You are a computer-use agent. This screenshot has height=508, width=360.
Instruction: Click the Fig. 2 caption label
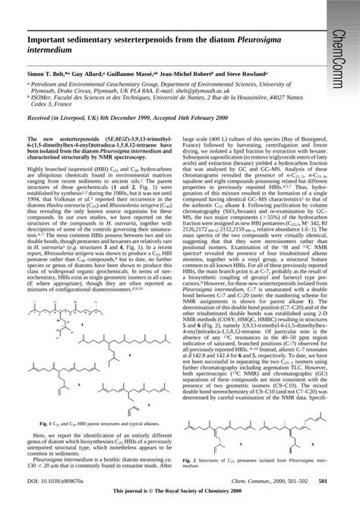tap(193, 459)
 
